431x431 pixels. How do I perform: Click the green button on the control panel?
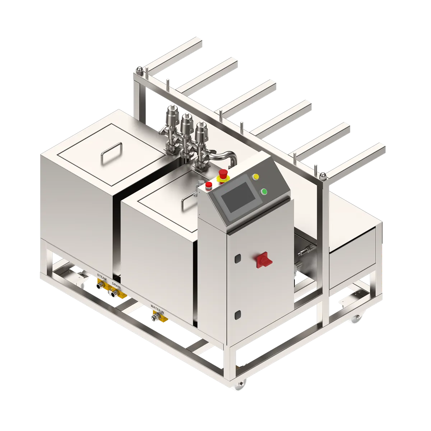coord(264,192)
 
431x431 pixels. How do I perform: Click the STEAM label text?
coord(102,277)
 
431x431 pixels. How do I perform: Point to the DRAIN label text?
coord(116,285)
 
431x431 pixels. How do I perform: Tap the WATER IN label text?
coord(157,309)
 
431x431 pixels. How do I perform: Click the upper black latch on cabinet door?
coord(238,258)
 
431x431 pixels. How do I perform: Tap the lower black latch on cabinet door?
coord(237,315)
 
